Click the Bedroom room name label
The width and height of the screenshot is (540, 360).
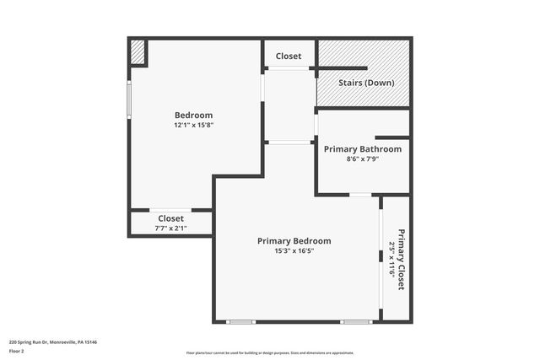click(x=193, y=115)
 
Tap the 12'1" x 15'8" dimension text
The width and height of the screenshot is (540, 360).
click(x=193, y=125)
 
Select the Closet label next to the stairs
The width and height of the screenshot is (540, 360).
click(x=289, y=56)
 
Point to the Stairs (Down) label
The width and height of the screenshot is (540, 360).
click(x=363, y=83)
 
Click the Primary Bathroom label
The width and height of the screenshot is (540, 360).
click(x=363, y=148)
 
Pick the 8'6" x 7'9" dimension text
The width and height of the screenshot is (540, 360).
click(x=363, y=159)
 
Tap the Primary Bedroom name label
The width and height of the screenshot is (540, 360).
click(x=294, y=240)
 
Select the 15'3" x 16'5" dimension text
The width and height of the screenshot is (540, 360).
click(x=294, y=250)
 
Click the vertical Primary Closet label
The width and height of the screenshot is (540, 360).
click(x=401, y=260)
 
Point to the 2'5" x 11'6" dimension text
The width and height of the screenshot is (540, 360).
click(x=391, y=260)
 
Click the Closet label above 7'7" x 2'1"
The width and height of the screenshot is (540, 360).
click(x=170, y=218)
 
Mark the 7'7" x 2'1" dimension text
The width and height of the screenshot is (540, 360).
click(x=170, y=228)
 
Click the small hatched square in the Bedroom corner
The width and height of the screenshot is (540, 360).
click(x=138, y=52)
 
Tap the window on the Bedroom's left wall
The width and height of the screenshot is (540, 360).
click(x=129, y=99)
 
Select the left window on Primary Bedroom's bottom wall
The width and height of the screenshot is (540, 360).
click(x=241, y=321)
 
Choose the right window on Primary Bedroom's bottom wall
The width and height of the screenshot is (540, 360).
click(x=355, y=321)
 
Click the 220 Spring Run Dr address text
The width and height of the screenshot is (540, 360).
click(x=53, y=341)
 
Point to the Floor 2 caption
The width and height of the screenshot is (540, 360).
click(x=17, y=350)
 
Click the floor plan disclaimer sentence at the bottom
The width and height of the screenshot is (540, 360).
click(x=270, y=353)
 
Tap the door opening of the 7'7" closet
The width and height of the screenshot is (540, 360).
click(x=170, y=209)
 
